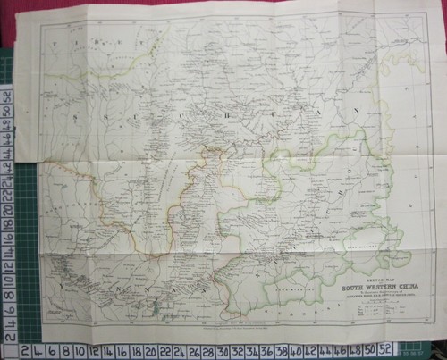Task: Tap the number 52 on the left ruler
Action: point(6,93)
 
